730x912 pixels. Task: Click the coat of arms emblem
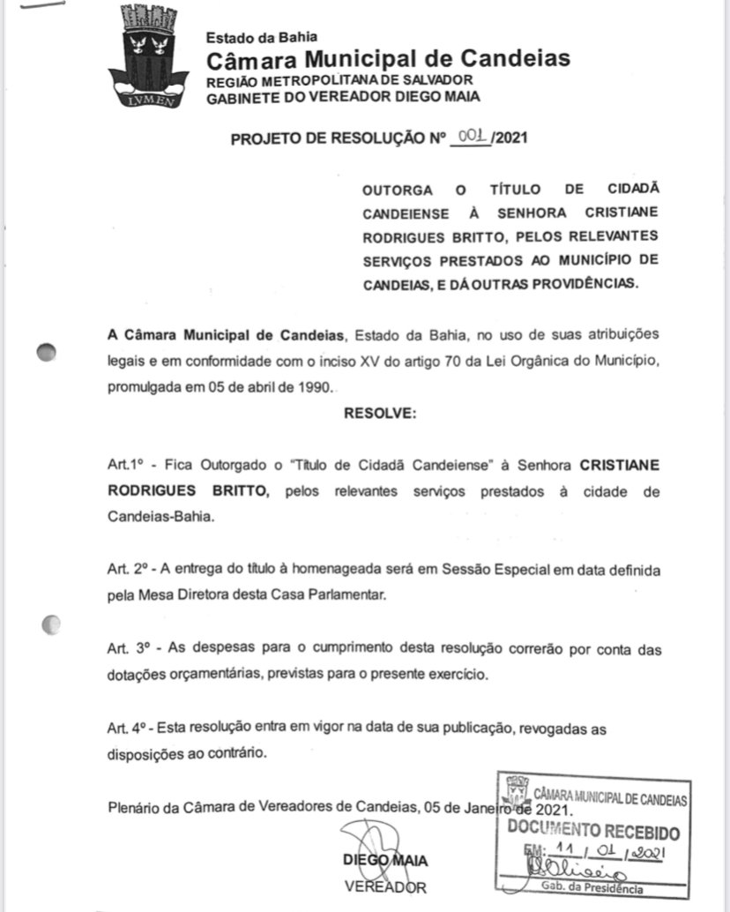pyautogui.click(x=146, y=56)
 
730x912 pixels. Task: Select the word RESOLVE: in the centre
pyautogui.click(x=380, y=413)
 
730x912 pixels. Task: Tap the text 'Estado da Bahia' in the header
pyautogui.click(x=261, y=37)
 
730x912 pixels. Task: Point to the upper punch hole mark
pyautogui.click(x=46, y=352)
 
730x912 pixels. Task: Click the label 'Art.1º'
pyautogui.click(x=123, y=466)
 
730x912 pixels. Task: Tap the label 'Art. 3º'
pyautogui.click(x=129, y=649)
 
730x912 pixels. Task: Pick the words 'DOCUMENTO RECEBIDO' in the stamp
pyautogui.click(x=594, y=831)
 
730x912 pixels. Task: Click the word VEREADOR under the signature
pyautogui.click(x=385, y=886)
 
